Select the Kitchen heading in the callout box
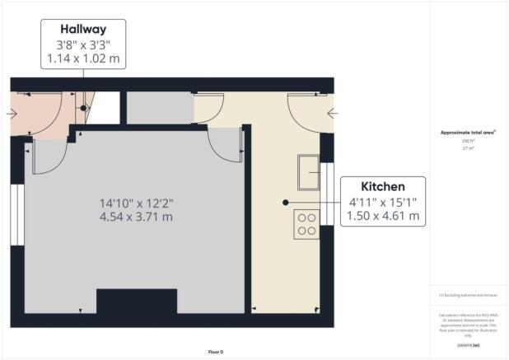383,187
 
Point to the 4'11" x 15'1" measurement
383,203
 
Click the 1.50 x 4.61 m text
383,217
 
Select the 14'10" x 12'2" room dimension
137,202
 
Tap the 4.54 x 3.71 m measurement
137,217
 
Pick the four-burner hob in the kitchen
306,224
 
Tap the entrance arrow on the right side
333,114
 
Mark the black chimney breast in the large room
137,302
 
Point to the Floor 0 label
216,352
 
